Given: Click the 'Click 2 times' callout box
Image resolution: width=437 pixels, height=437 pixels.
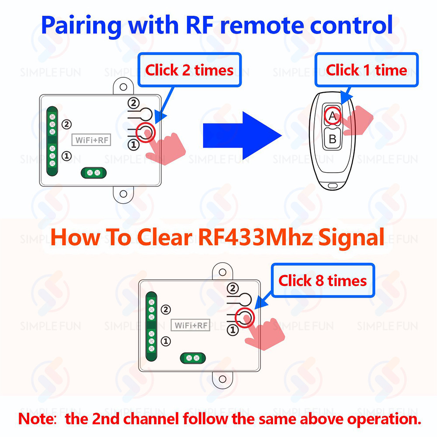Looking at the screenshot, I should coord(189,70).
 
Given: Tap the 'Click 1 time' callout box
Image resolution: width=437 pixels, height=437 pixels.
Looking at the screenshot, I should coord(366,70).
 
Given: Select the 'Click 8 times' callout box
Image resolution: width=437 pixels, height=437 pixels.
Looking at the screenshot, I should coord(323,280).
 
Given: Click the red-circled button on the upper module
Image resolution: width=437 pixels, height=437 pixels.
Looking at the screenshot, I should coord(146,132).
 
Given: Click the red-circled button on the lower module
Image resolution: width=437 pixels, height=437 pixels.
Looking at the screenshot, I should coord(244,317).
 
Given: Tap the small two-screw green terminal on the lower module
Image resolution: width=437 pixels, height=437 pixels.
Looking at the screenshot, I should coord(193,358).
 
